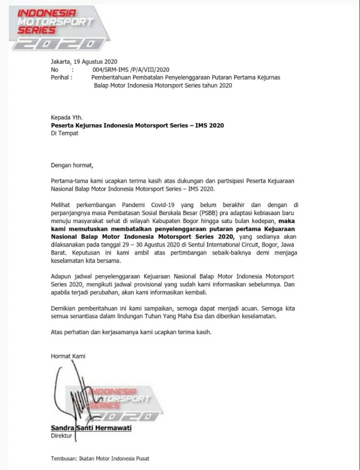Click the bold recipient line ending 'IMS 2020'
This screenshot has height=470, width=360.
tap(138, 125)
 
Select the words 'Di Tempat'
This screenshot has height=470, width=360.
tap(65, 133)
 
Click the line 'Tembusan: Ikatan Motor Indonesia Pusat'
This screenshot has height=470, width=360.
tap(100, 458)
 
